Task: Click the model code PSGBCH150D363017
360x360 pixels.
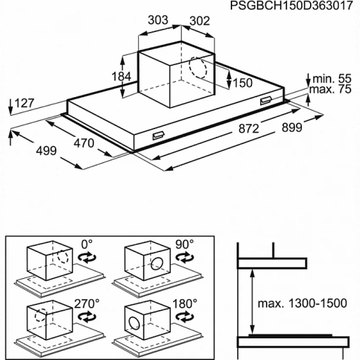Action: [x=291, y=6]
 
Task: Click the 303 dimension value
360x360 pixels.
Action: [x=158, y=20]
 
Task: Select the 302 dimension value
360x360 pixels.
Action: [x=200, y=21]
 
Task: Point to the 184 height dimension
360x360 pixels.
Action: [x=121, y=77]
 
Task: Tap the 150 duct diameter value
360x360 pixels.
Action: [x=243, y=83]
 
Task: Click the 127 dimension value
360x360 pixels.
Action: [x=25, y=103]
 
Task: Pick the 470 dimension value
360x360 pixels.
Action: [x=84, y=144]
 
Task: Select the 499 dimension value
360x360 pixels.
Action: [x=47, y=151]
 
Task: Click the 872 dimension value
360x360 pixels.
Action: [x=249, y=129]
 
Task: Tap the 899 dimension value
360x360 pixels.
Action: [x=292, y=127]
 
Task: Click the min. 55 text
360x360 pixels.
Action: [x=332, y=79]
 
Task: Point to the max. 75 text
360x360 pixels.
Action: [x=330, y=89]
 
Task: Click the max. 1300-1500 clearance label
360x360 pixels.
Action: [x=302, y=304]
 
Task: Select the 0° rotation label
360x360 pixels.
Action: [x=87, y=244]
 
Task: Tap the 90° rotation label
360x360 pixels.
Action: [x=184, y=244]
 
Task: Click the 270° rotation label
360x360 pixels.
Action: [x=87, y=304]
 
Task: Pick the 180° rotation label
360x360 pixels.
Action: [x=185, y=304]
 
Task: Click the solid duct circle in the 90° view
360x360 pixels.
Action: [x=157, y=263]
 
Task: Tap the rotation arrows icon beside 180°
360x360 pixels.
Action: [x=185, y=317]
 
